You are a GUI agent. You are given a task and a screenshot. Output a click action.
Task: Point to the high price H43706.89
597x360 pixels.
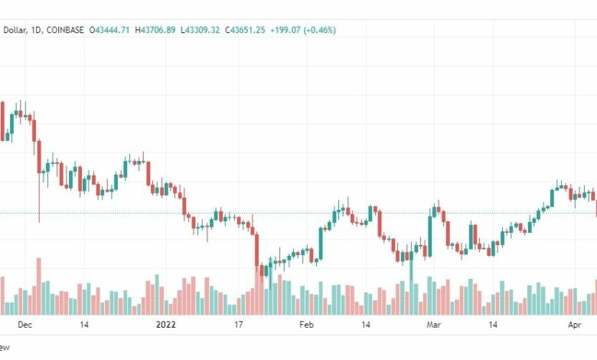click(x=155, y=30)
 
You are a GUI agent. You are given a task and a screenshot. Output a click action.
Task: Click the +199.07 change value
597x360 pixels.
click(x=282, y=30)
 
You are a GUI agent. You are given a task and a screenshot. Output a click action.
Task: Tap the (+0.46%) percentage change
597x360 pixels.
click(x=320, y=30)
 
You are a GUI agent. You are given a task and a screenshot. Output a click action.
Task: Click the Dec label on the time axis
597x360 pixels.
click(x=24, y=325)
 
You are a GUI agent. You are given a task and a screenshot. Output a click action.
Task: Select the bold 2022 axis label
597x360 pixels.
click(x=165, y=325)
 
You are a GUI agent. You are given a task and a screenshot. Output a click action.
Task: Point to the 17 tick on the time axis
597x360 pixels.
click(x=238, y=325)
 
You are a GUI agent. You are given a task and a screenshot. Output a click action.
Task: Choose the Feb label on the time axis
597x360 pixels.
click(x=306, y=325)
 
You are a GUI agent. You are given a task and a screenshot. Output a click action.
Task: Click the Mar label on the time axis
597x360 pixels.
click(x=434, y=325)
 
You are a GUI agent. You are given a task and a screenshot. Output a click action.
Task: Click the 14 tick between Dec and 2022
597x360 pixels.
click(x=83, y=325)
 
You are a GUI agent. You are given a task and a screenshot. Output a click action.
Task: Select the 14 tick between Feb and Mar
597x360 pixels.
click(x=367, y=325)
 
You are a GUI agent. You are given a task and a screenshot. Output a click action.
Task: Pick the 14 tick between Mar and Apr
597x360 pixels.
click(x=494, y=325)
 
